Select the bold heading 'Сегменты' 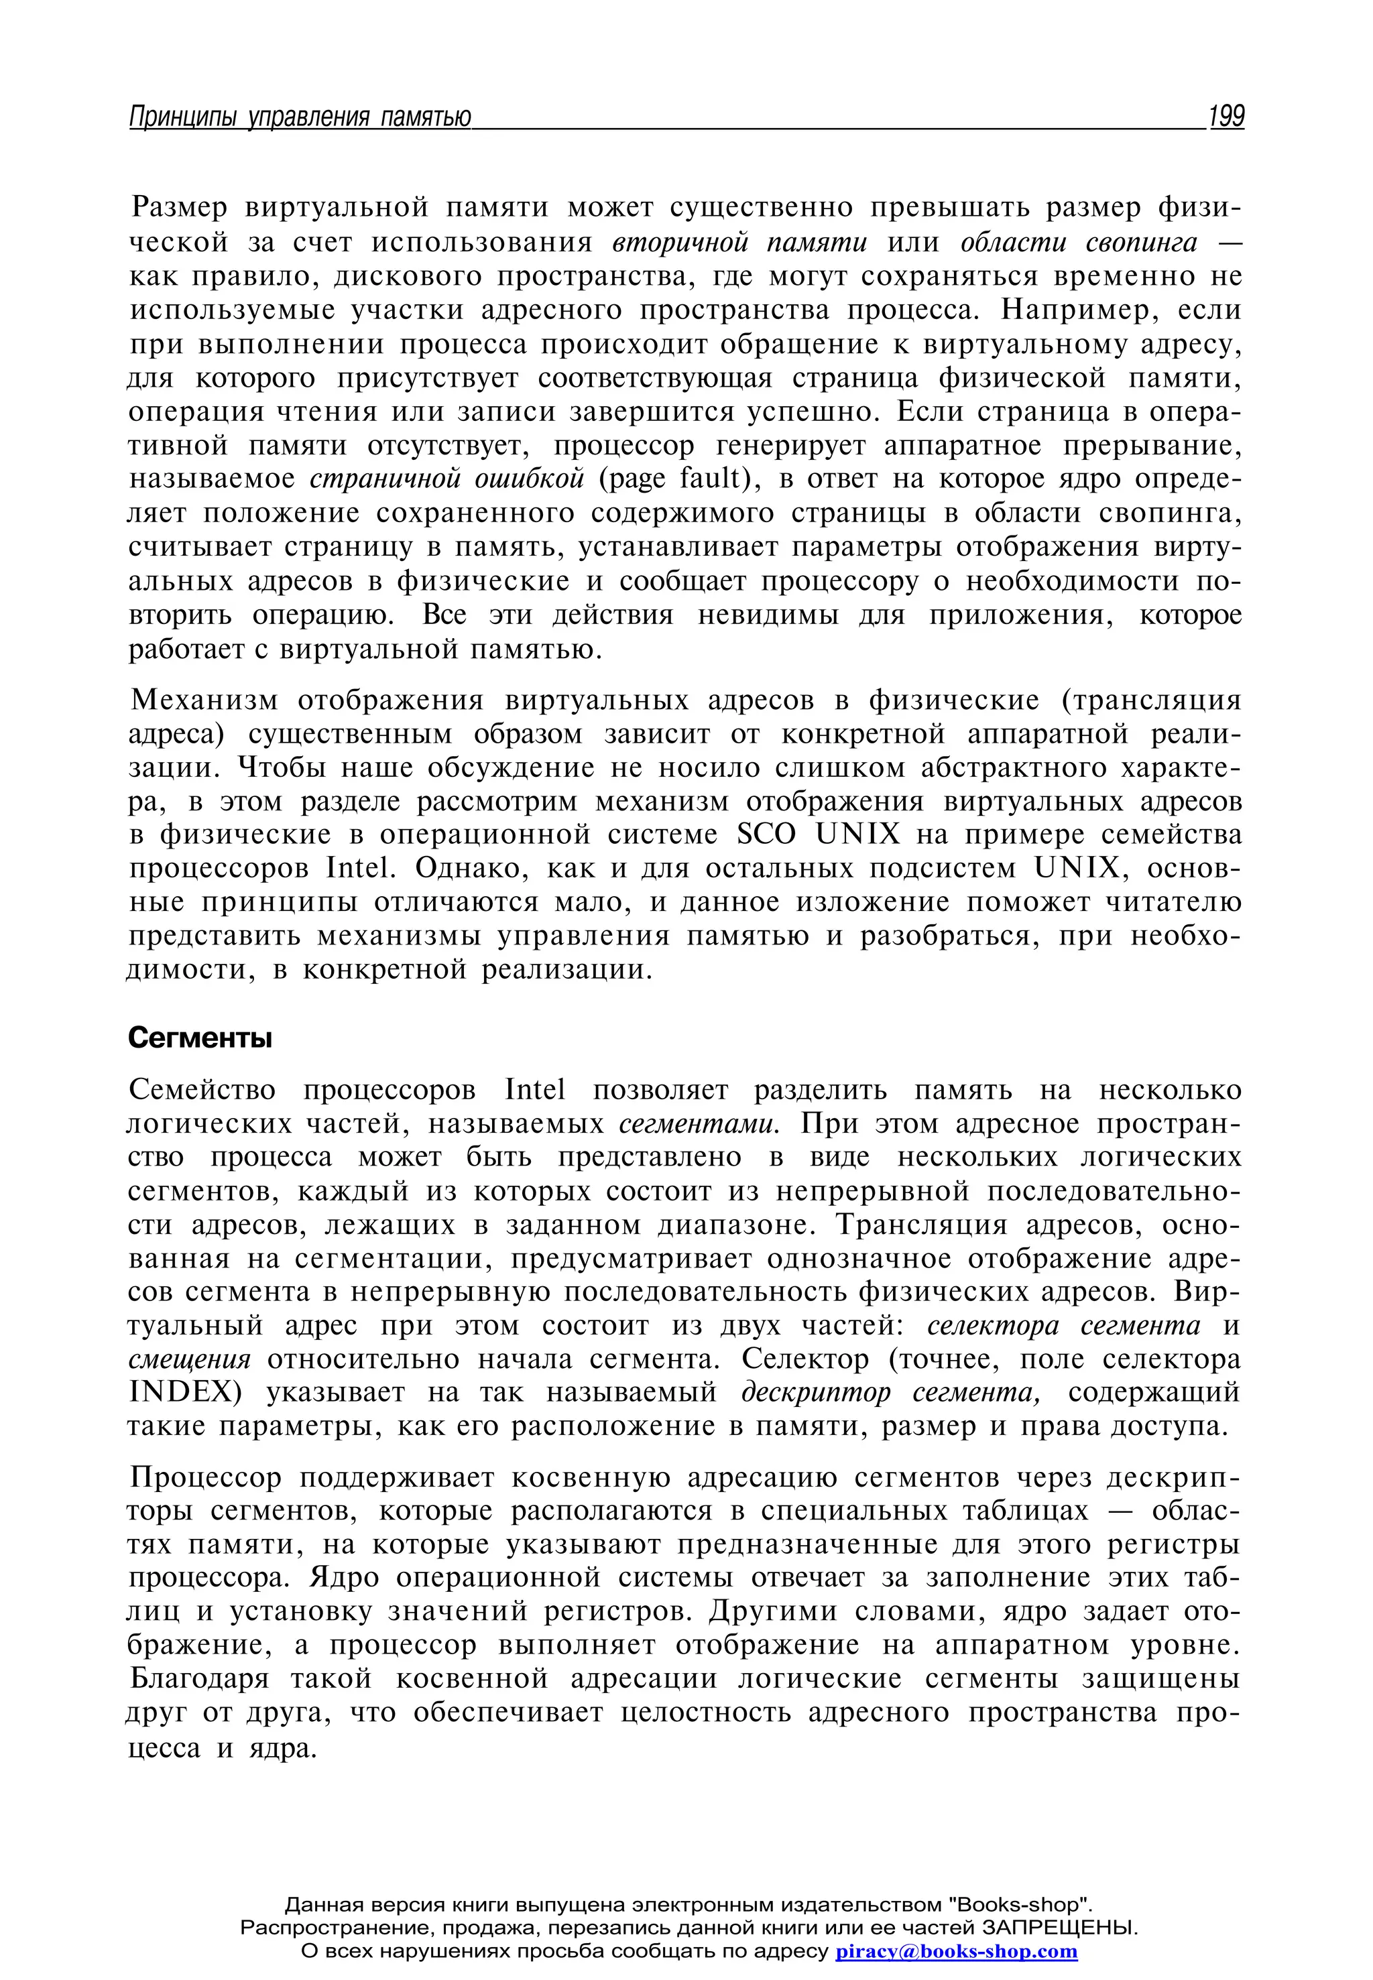(x=200, y=1039)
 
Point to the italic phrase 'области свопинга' (x=1078, y=243)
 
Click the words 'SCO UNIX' (x=818, y=835)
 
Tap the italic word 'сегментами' (x=699, y=1124)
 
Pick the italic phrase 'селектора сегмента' (x=1063, y=1325)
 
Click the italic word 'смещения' (x=189, y=1360)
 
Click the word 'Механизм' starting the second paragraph (x=204, y=701)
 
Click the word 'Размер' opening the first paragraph (x=180, y=209)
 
